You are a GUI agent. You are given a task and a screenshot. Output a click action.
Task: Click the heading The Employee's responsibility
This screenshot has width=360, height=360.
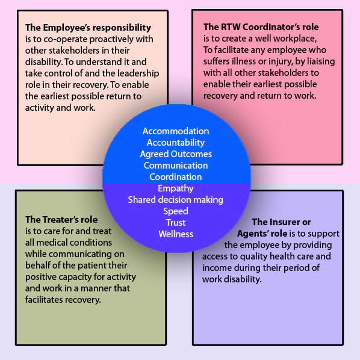pyautogui.click(x=88, y=28)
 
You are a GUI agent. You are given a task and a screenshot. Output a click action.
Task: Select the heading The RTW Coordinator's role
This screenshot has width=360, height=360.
pyautogui.click(x=261, y=27)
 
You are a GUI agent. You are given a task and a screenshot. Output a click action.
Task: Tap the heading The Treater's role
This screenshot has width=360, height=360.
pyautogui.click(x=61, y=220)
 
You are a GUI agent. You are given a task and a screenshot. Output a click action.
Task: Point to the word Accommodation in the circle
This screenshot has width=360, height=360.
pyautogui.click(x=176, y=131)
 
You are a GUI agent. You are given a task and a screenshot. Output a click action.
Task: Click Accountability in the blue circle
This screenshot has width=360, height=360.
pyautogui.click(x=176, y=143)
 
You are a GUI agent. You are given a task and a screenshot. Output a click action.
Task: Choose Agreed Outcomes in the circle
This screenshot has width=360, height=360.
pyautogui.click(x=176, y=154)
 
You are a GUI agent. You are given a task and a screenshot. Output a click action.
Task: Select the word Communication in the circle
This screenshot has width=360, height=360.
pyautogui.click(x=176, y=166)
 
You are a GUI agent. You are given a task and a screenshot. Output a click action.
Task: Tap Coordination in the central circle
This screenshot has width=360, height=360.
pyautogui.click(x=176, y=177)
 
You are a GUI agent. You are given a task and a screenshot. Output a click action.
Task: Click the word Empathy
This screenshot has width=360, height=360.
pyautogui.click(x=176, y=188)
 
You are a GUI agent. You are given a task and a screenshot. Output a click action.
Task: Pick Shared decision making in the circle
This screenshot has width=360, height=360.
pyautogui.click(x=175, y=200)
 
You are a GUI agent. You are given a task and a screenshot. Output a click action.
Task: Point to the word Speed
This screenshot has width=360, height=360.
pyautogui.click(x=176, y=211)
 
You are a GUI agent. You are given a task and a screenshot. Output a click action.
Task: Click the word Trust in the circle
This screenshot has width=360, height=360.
pyautogui.click(x=176, y=223)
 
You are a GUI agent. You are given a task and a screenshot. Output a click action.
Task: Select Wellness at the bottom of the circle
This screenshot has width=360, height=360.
pyautogui.click(x=176, y=234)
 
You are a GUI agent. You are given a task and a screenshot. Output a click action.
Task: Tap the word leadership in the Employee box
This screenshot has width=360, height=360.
pyautogui.click(x=138, y=73)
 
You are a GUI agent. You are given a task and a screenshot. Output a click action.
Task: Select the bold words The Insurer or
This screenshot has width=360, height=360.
pyautogui.click(x=281, y=222)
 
